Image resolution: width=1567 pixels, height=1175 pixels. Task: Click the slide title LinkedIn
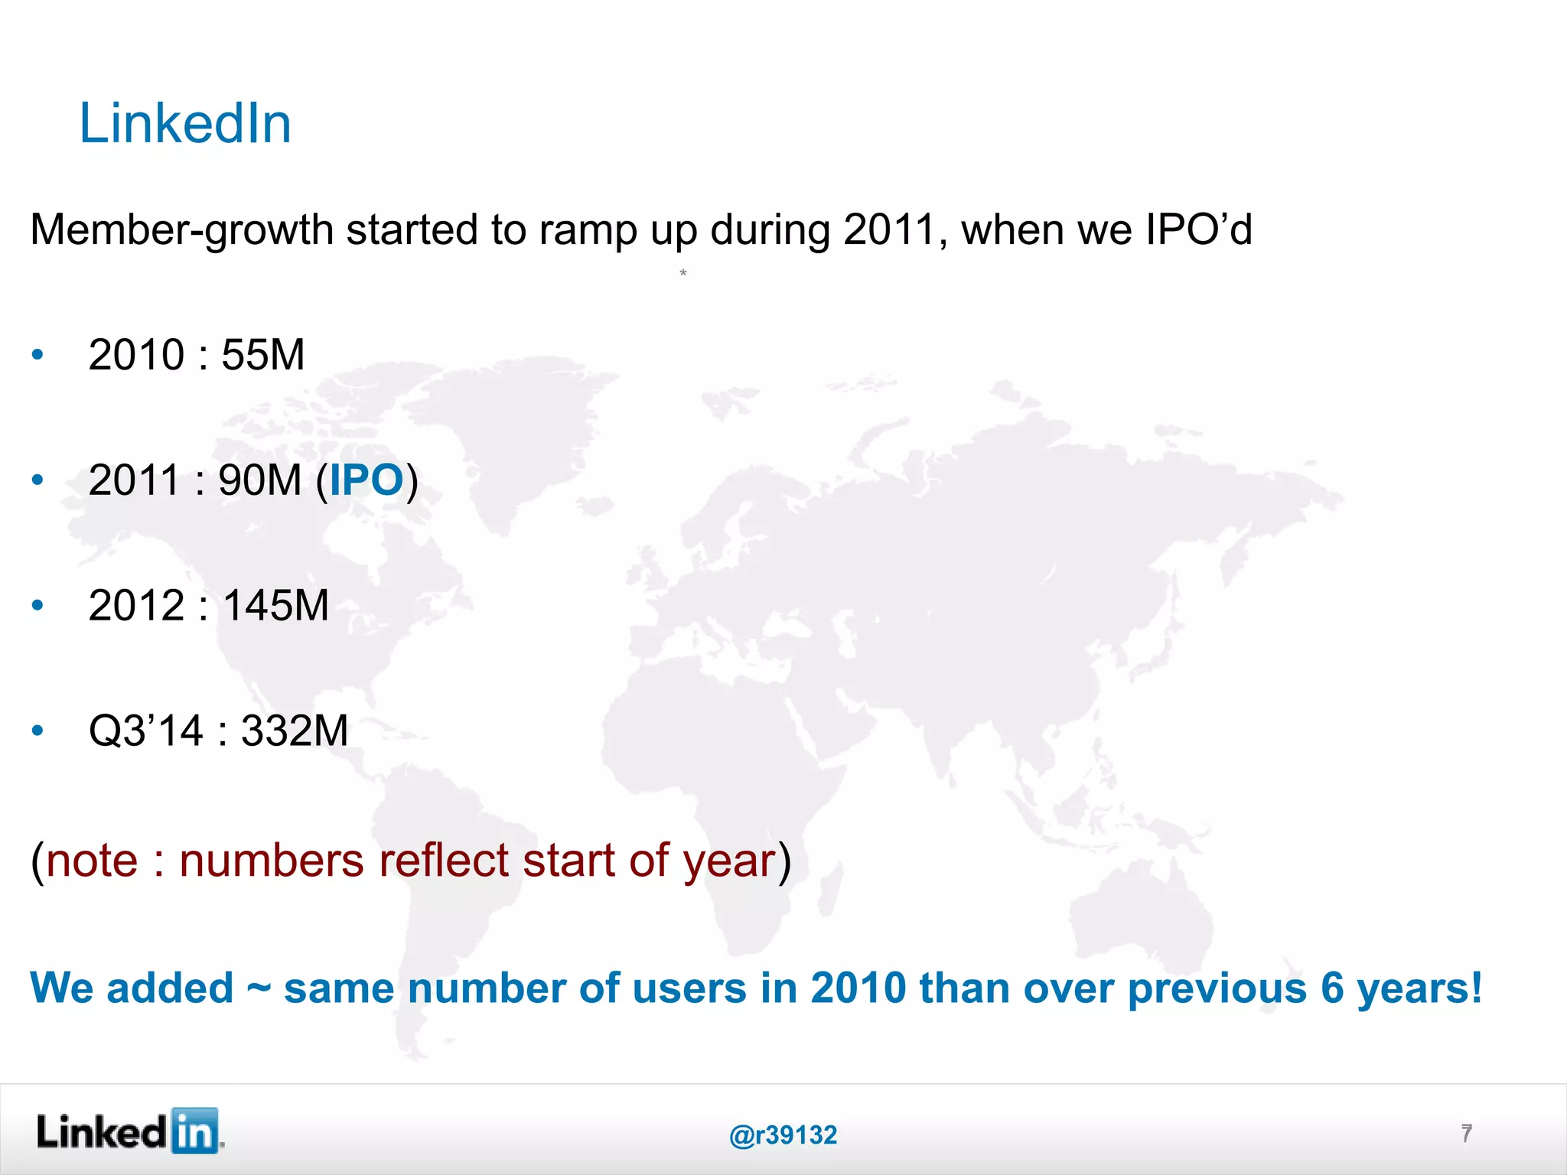tap(185, 124)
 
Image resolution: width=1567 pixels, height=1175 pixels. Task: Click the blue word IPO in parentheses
tap(366, 480)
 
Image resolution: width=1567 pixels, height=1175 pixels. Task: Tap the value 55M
tap(262, 355)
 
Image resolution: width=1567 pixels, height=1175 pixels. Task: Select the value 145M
tap(275, 606)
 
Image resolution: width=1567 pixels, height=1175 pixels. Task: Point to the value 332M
tap(295, 731)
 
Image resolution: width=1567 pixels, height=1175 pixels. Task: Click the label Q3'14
tap(145, 731)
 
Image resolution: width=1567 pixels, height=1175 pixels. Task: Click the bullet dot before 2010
tap(37, 355)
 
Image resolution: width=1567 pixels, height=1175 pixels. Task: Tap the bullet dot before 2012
tap(37, 606)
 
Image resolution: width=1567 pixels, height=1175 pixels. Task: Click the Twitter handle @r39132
tap(783, 1135)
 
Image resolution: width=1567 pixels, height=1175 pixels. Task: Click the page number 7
tap(1466, 1133)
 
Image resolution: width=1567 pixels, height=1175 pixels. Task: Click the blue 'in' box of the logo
tap(195, 1131)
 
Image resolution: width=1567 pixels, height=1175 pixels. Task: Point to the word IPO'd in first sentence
tap(1198, 229)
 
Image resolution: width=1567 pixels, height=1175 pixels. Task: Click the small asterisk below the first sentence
tap(683, 272)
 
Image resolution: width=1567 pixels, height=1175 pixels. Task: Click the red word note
tap(92, 861)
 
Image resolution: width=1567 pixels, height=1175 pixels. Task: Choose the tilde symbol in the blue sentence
tap(259, 988)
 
